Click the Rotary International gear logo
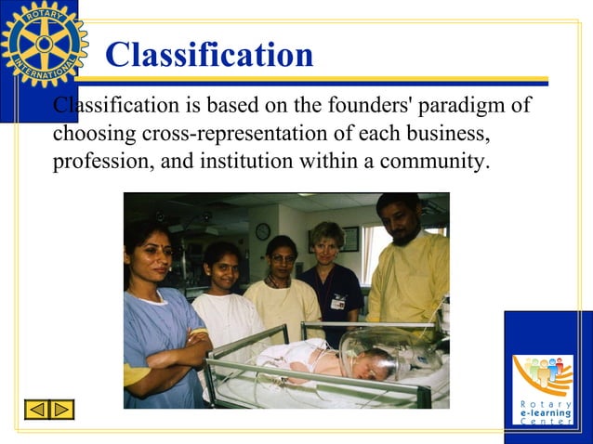[44, 45]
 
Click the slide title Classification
[209, 55]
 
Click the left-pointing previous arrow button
[36, 409]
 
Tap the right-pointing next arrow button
[61, 409]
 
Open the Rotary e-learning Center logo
[544, 381]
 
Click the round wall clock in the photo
[263, 230]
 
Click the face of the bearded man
[399, 222]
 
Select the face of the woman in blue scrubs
[148, 253]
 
